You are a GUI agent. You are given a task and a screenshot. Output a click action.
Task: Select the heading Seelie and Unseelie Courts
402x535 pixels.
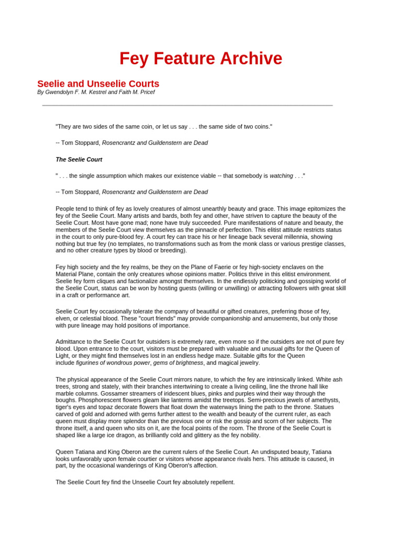(x=98, y=84)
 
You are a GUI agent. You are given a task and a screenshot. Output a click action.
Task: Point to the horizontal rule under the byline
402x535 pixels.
(x=187, y=106)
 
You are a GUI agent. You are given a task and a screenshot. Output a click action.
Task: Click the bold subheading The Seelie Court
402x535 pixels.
(x=79, y=159)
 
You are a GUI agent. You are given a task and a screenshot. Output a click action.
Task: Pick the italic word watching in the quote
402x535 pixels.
(x=281, y=176)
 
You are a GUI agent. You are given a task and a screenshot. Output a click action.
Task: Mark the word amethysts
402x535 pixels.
(x=324, y=400)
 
